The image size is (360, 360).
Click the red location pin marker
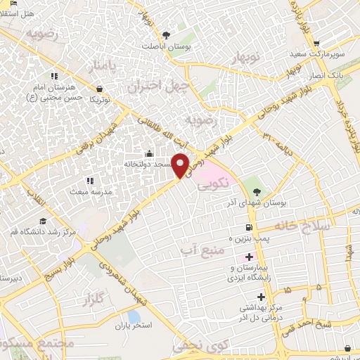pyautogui.click(x=181, y=165)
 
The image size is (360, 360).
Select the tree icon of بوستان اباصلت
pyautogui.click(x=166, y=34)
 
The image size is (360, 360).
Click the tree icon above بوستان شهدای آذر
pyautogui.click(x=255, y=190)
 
